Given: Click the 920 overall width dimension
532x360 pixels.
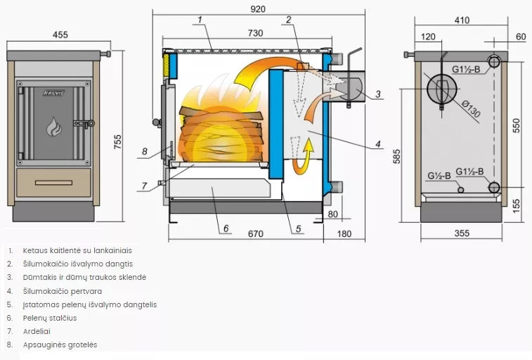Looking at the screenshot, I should click(258, 9).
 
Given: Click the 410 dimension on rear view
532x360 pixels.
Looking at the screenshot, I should click(462, 20).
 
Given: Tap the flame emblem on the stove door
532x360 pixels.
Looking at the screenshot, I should click(54, 127).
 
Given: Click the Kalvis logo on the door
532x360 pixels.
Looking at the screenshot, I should click(54, 92).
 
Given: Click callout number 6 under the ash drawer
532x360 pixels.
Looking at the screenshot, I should click(226, 228).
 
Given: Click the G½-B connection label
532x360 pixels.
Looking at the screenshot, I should click(441, 176).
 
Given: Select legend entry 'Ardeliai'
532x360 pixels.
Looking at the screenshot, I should click(37, 331).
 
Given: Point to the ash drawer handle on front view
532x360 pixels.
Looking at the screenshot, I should click(53, 183).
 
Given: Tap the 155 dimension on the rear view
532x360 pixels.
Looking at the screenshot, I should click(517, 203).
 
